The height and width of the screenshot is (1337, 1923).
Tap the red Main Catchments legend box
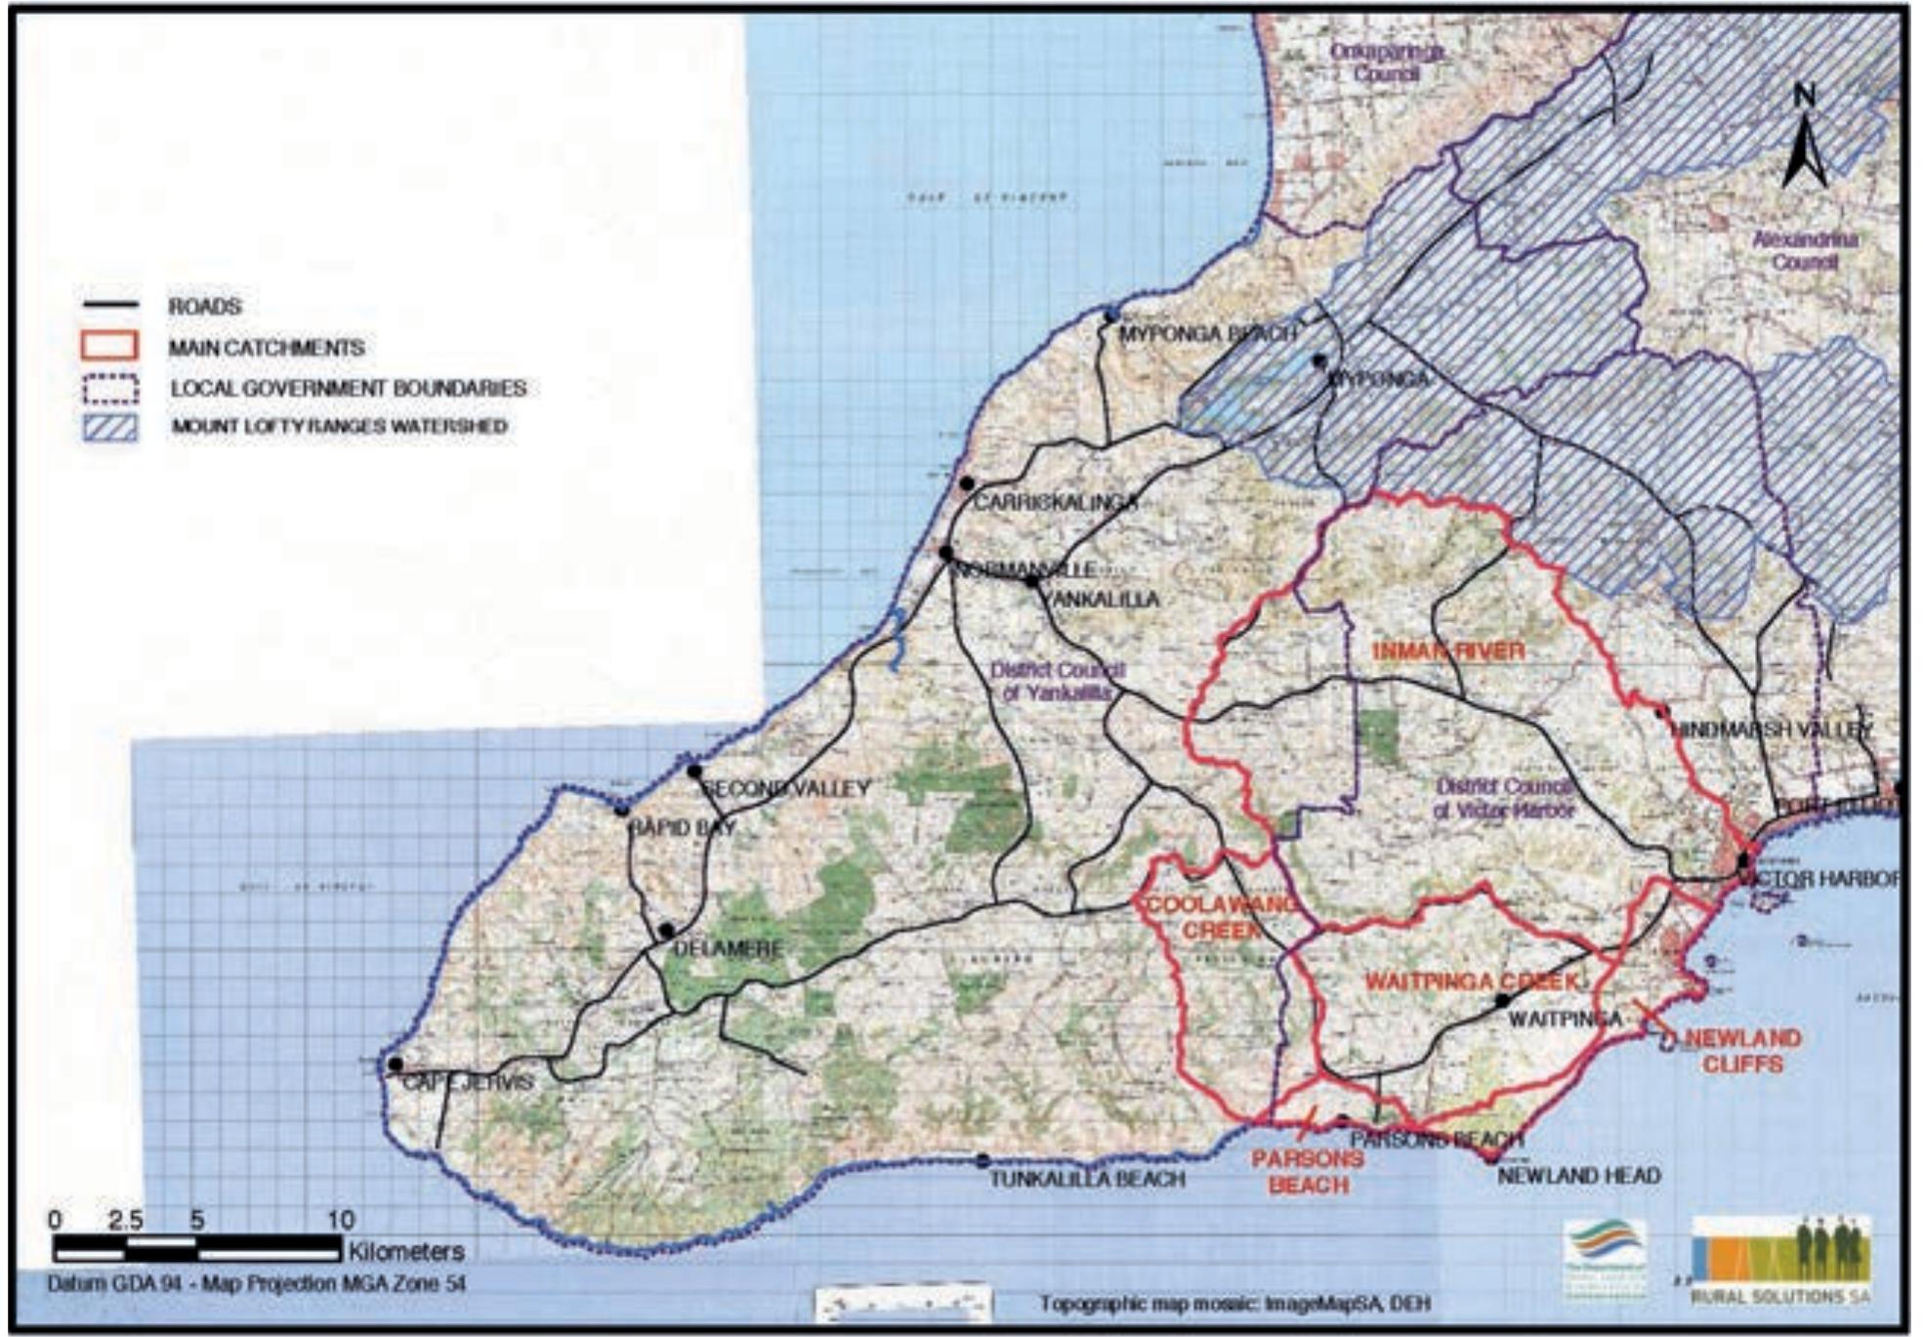tap(108, 346)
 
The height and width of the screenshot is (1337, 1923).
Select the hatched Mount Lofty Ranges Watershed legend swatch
tap(108, 427)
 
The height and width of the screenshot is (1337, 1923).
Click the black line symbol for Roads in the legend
tap(108, 306)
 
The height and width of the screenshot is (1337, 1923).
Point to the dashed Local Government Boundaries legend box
tap(108, 388)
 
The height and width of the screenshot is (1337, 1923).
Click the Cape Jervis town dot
tap(395, 1065)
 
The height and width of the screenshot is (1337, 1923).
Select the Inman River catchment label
tap(1448, 651)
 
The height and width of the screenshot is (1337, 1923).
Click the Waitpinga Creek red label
tap(1471, 981)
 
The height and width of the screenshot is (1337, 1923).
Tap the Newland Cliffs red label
tap(1743, 1051)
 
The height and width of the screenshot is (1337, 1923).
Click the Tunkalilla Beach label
tap(1087, 1179)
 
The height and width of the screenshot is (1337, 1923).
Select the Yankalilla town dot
tap(1032, 581)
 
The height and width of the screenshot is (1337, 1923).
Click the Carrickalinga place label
tap(1056, 503)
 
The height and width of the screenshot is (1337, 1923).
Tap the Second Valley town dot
tap(694, 772)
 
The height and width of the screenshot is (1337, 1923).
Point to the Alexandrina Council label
tap(1805, 250)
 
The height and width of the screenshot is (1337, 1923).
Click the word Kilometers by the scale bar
tap(405, 1250)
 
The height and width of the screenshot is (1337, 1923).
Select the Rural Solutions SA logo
tap(1780, 1260)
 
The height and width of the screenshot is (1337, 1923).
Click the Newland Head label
tap(1578, 1176)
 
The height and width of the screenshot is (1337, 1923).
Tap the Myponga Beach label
tap(1207, 334)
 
